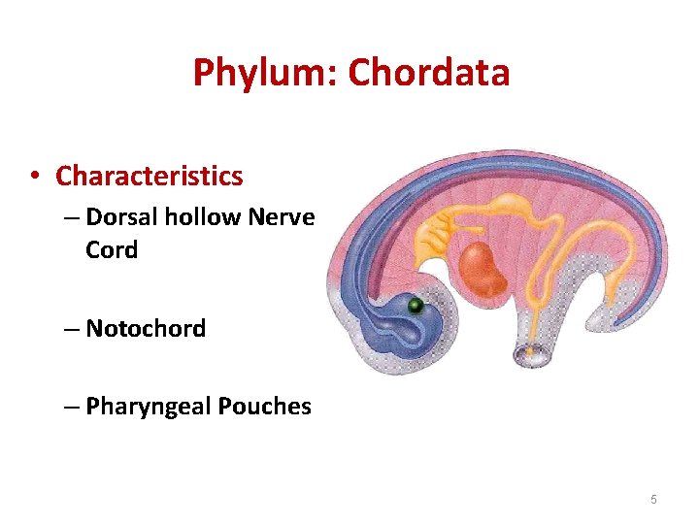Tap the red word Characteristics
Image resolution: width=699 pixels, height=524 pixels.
150,176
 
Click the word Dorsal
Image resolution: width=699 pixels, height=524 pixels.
122,216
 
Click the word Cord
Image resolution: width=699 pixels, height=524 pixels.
112,249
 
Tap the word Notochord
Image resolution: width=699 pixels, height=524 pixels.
146,328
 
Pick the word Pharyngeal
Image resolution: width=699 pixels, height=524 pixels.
145,406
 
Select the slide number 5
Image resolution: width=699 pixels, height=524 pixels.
653,499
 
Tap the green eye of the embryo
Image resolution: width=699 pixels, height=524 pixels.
415,306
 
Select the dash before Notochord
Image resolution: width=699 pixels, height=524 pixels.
74,329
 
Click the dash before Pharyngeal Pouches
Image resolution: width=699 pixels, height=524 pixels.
74,407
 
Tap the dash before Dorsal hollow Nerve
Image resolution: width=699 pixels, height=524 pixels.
74,217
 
